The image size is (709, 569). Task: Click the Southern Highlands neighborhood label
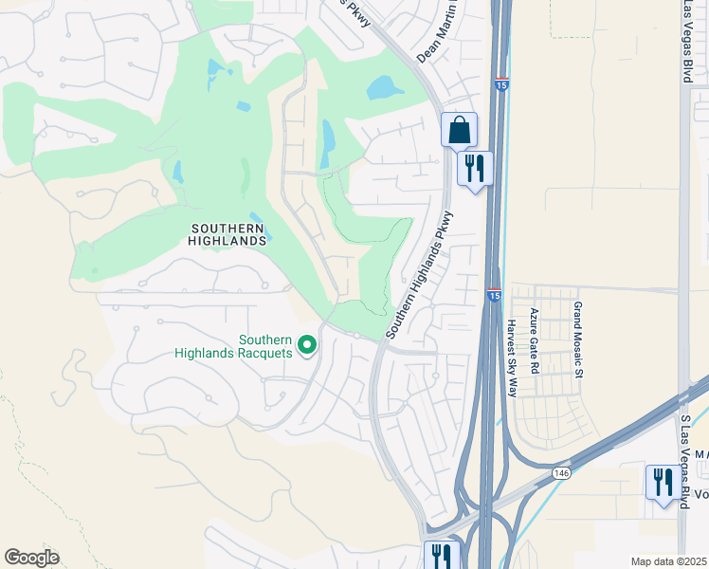click(228, 234)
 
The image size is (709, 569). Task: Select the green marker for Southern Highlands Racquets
click(307, 345)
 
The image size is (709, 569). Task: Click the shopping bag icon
click(459, 131)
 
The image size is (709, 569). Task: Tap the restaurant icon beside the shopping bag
click(473, 169)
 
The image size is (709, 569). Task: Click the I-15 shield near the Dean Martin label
click(501, 84)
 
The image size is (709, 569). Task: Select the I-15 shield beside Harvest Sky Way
click(494, 296)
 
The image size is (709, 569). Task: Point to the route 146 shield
click(562, 472)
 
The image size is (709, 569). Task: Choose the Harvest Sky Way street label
click(512, 357)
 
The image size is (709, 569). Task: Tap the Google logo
click(32, 558)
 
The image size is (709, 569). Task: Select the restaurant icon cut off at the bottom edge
click(442, 555)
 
